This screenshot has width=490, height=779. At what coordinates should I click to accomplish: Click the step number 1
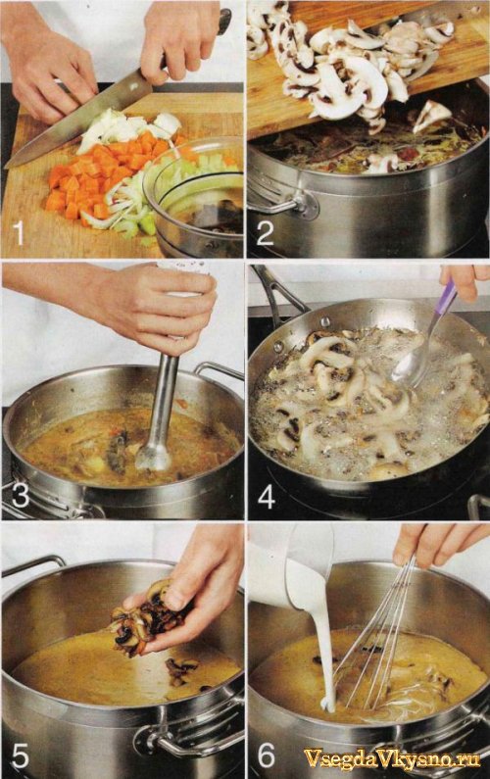click(x=19, y=232)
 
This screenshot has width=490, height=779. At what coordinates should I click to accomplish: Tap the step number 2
click(x=265, y=232)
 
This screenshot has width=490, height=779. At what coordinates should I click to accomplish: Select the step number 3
click(x=19, y=494)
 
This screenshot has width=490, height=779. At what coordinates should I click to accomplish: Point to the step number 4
click(x=266, y=496)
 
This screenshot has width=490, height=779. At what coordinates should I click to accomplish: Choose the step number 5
click(x=20, y=755)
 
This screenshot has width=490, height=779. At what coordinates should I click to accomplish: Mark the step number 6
click(x=266, y=755)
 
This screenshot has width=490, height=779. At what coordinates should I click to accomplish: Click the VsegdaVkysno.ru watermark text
click(x=392, y=758)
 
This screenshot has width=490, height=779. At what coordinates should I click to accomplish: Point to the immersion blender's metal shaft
click(x=160, y=413)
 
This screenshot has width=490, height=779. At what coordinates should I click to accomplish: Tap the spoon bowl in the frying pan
click(x=409, y=366)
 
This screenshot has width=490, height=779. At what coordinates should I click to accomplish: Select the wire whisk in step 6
click(x=377, y=636)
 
